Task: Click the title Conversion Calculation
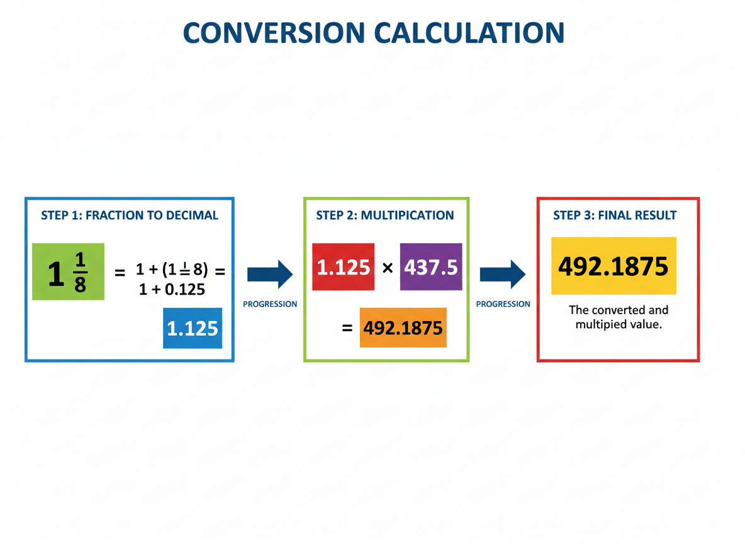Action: (x=373, y=33)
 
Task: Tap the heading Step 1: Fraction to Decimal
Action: (x=130, y=215)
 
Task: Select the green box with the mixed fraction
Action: (x=68, y=271)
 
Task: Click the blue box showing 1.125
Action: (x=193, y=328)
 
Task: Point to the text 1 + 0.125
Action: (x=172, y=290)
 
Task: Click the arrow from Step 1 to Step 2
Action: (x=270, y=274)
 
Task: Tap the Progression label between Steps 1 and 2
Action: (x=270, y=304)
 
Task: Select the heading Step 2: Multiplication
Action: (x=385, y=215)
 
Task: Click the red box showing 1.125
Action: (x=344, y=267)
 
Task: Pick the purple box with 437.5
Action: (x=431, y=267)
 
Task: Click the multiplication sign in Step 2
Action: (x=388, y=268)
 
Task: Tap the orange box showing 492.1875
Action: (x=403, y=327)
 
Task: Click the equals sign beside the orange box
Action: (x=347, y=328)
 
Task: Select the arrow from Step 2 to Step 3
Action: (x=502, y=274)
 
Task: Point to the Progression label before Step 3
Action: (x=503, y=304)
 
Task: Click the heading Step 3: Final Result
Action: (x=615, y=215)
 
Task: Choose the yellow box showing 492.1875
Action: (x=613, y=266)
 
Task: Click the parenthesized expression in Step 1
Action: (x=185, y=271)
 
